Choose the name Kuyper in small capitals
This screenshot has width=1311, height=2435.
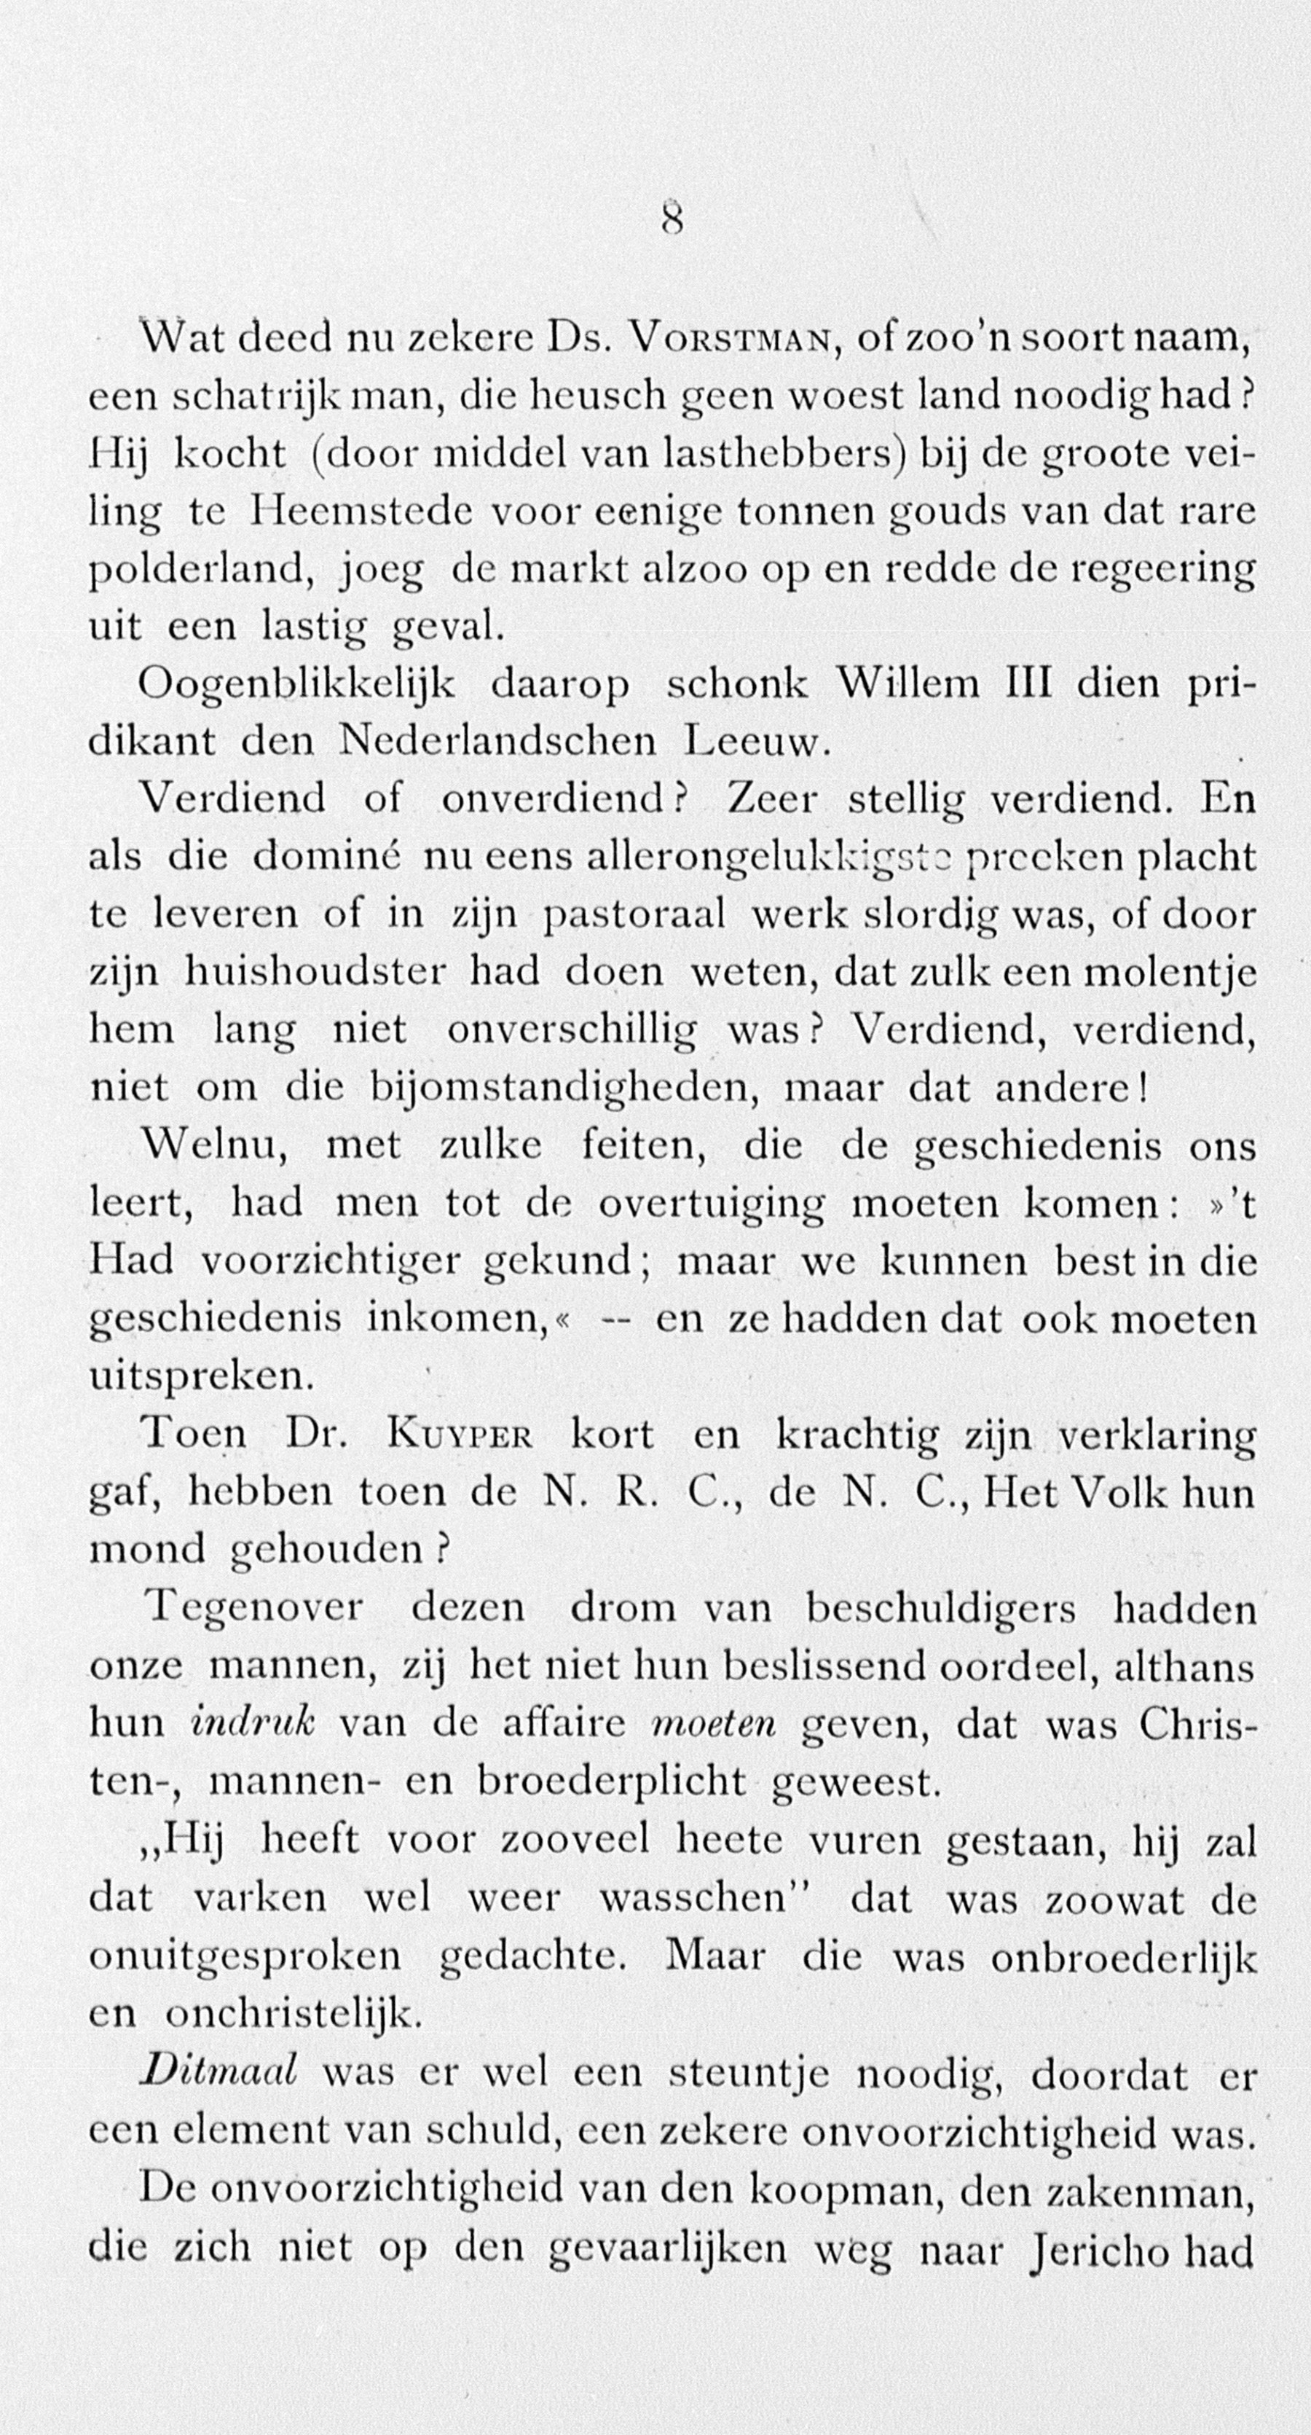click(460, 1436)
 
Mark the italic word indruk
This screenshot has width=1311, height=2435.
click(251, 1723)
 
